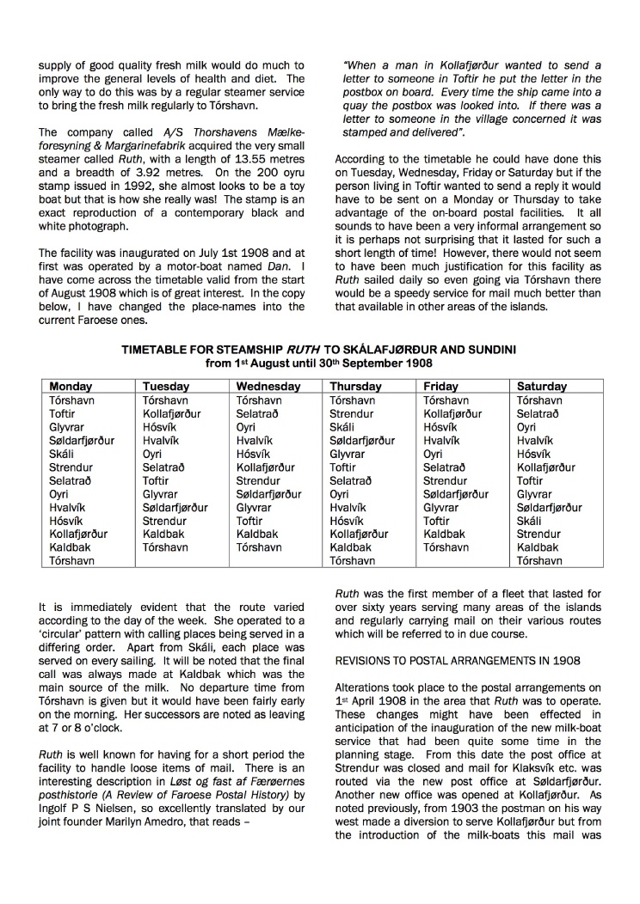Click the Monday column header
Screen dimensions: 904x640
pyautogui.click(x=71, y=387)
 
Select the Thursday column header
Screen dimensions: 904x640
pyautogui.click(x=355, y=387)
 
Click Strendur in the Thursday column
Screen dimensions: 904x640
pyautogui.click(x=352, y=413)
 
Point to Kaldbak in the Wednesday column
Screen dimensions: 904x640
pyautogui.click(x=257, y=534)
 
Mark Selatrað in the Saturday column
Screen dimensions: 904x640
pyautogui.click(x=539, y=413)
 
